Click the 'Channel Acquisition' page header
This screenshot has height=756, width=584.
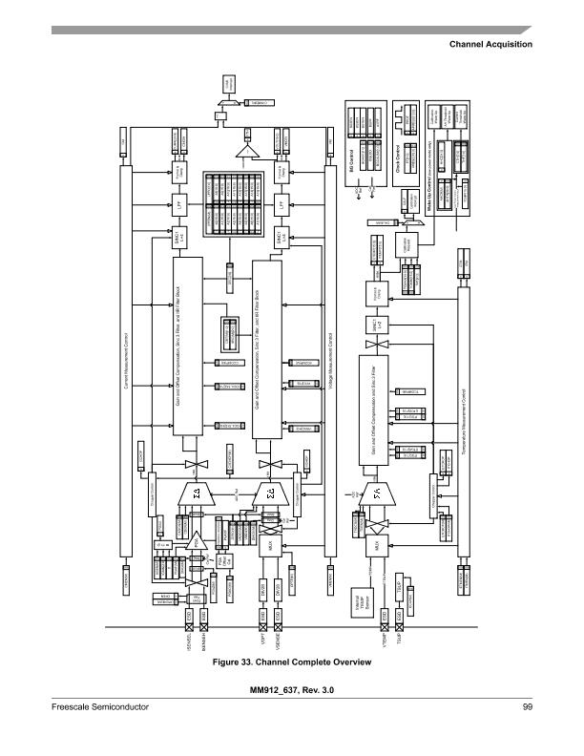point(489,45)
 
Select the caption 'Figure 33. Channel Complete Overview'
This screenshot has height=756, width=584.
point(292,661)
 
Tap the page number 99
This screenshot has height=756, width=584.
point(527,706)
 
